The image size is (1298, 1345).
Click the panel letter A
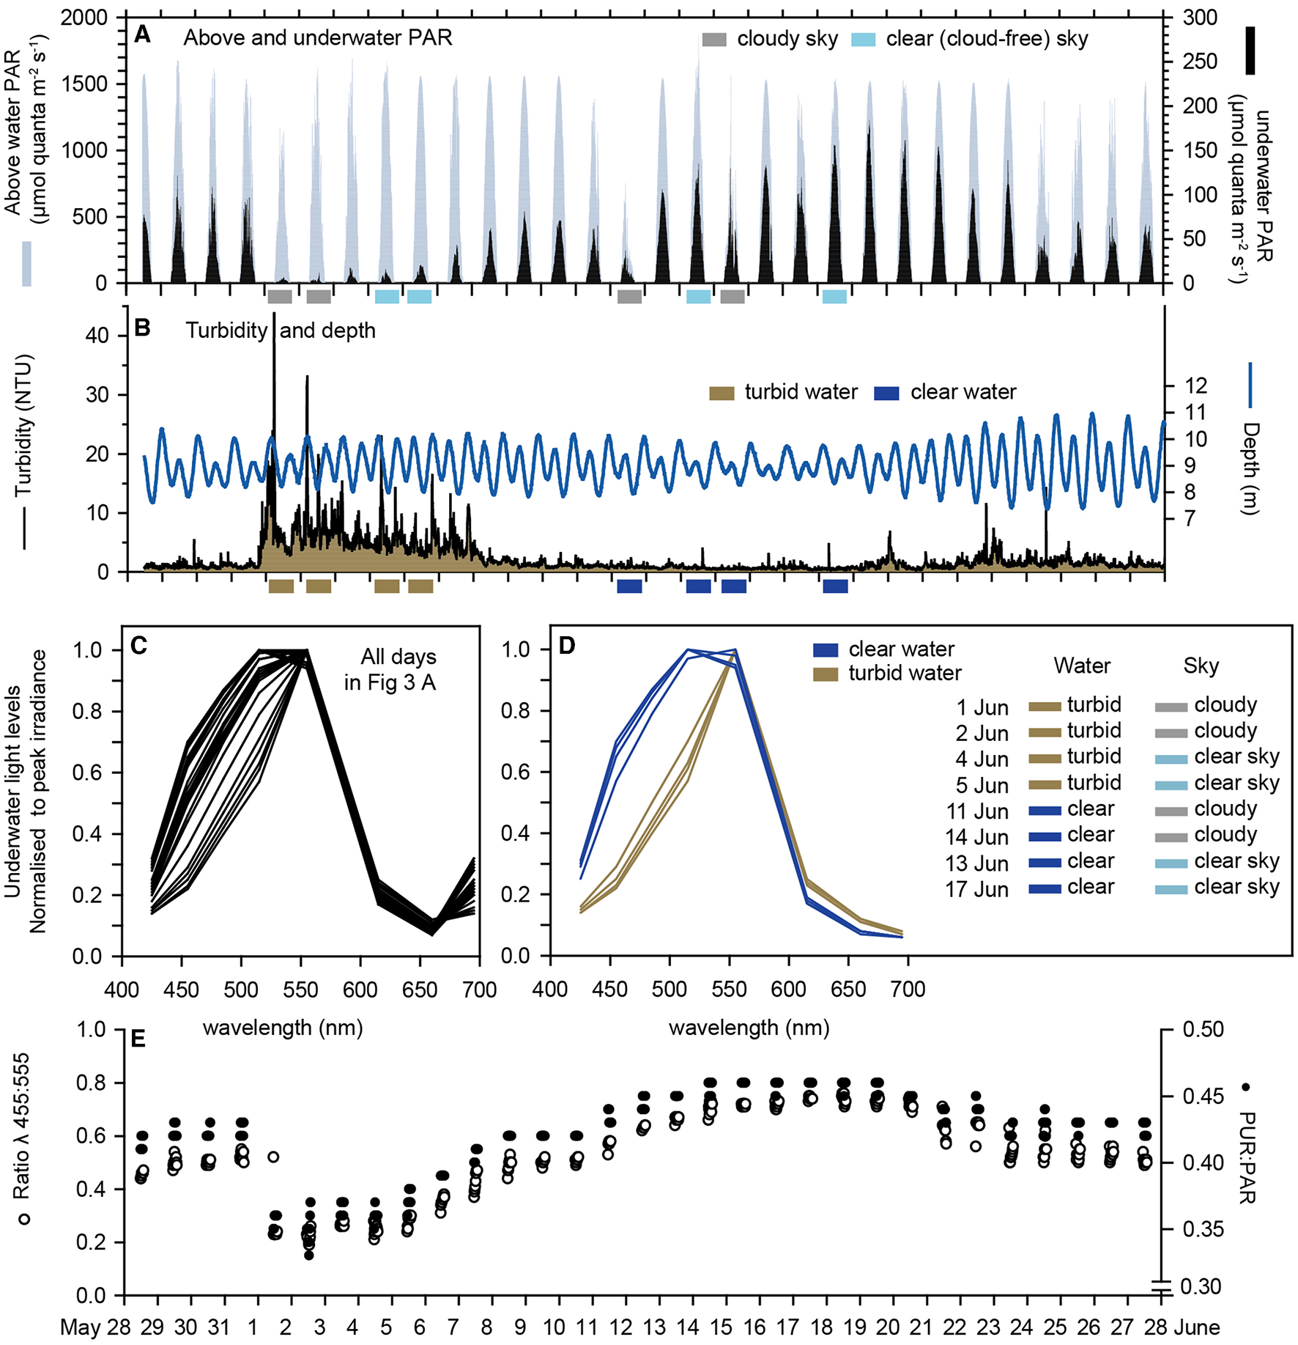tap(142, 34)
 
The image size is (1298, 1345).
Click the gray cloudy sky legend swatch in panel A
tap(714, 40)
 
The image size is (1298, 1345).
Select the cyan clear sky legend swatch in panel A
tap(864, 40)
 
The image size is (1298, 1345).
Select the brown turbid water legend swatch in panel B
tap(722, 394)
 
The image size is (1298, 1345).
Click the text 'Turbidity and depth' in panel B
tap(280, 331)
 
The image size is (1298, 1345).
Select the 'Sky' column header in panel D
tap(1201, 666)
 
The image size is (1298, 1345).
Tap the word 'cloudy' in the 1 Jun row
tap(1225, 704)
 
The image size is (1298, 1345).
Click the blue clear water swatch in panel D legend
tap(826, 649)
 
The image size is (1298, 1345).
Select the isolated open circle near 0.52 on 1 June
tap(273, 1157)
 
